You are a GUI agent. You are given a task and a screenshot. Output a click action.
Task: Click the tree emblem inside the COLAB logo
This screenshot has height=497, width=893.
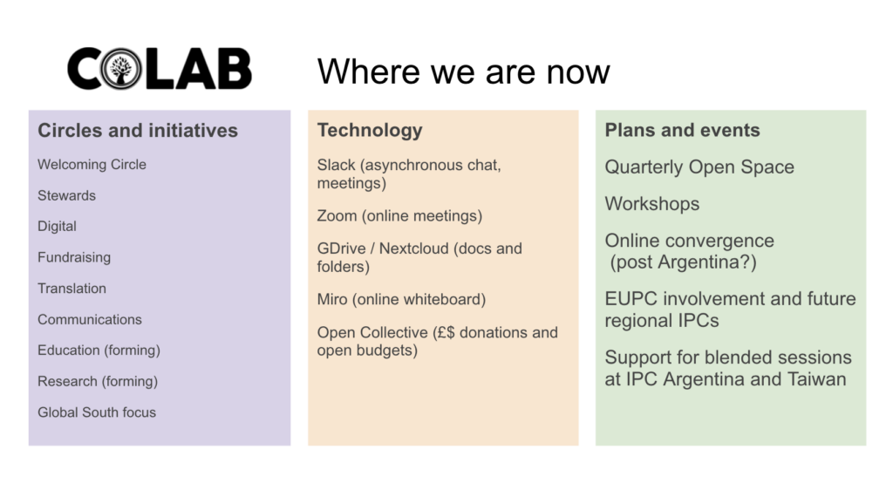pos(120,69)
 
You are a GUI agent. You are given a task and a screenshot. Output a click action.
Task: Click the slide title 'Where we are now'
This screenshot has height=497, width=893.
pos(463,71)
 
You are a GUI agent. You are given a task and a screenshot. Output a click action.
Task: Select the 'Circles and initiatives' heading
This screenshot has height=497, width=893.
pos(138,131)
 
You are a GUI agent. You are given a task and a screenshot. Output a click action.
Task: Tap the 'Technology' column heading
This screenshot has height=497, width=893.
pos(370,131)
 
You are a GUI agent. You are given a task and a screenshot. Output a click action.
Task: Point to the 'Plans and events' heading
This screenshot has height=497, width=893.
pos(682,130)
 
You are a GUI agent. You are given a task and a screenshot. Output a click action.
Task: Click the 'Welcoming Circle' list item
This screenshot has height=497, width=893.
pos(92,165)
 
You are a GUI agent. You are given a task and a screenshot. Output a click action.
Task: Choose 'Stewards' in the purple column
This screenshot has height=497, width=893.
pos(66,195)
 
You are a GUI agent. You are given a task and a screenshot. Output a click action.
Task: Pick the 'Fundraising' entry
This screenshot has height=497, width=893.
pos(74,257)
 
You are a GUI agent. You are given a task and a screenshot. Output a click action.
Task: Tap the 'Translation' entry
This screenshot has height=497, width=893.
pos(72,288)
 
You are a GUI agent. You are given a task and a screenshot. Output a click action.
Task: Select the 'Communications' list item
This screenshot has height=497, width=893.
pos(90,319)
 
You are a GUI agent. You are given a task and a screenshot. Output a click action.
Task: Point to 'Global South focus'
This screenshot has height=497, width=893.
pos(97,412)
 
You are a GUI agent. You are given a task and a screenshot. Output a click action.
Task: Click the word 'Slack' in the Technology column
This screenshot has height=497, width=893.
pos(336,165)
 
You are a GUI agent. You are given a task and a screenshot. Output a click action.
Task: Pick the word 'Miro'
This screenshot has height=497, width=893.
pos(332,299)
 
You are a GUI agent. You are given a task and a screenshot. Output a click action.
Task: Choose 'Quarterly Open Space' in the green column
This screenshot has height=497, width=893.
pos(699,167)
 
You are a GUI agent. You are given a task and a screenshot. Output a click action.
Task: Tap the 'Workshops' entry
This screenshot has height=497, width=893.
pos(652,204)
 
